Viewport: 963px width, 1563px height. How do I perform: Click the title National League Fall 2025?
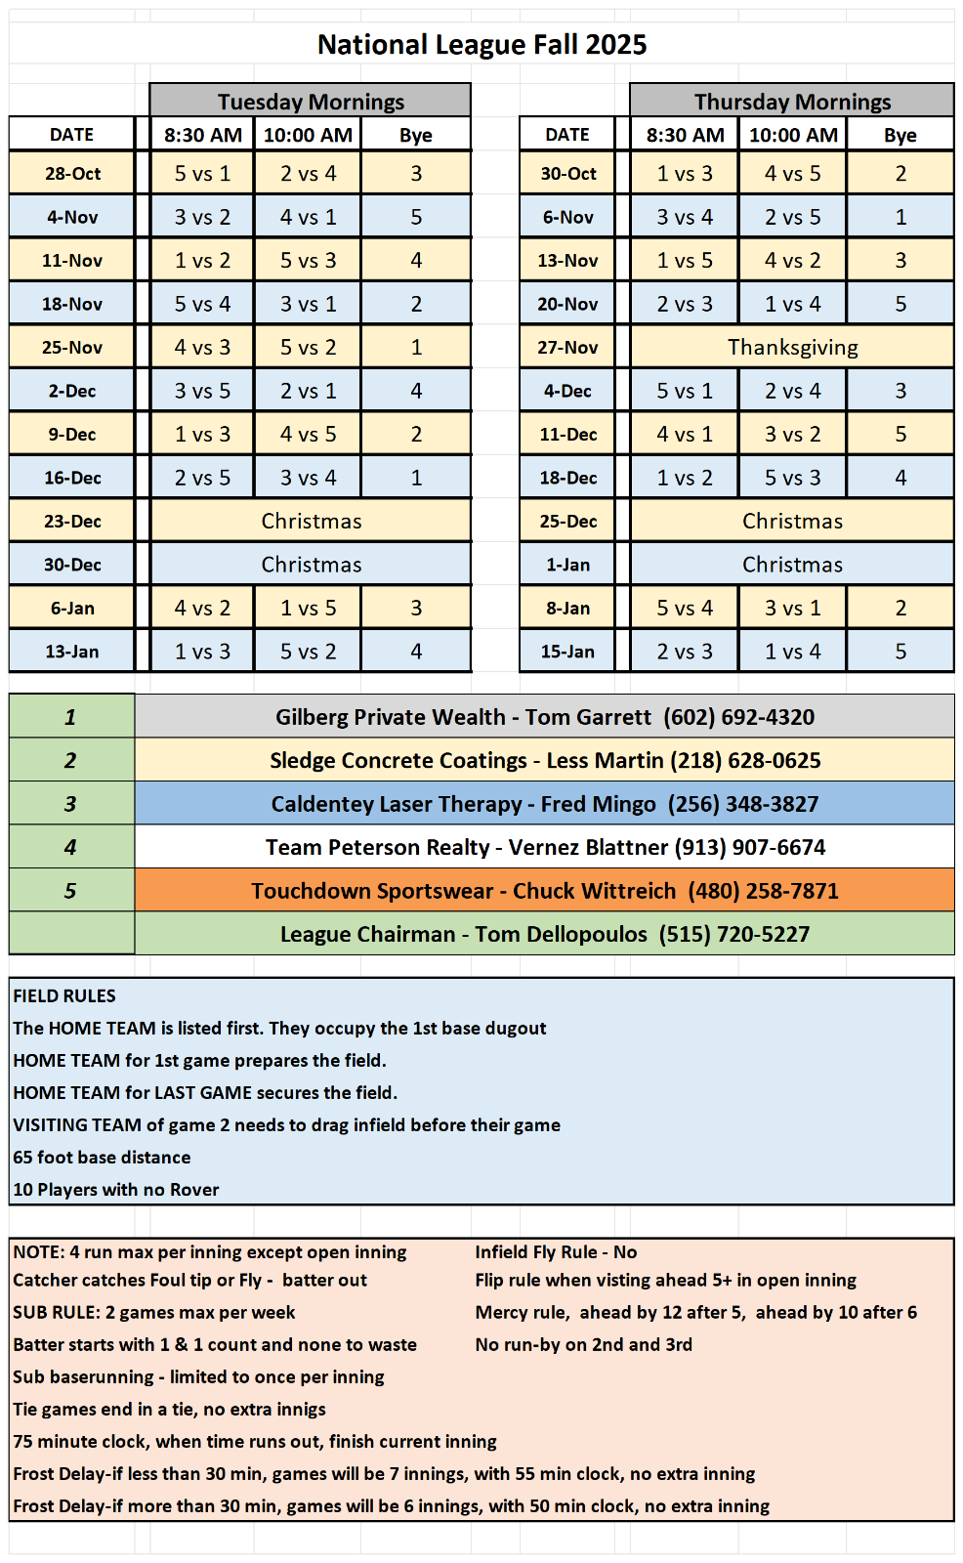click(481, 45)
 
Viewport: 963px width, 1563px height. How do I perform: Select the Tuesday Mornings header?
click(311, 102)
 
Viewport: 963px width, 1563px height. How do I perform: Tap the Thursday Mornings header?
click(792, 102)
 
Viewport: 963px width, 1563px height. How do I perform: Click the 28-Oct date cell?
click(72, 174)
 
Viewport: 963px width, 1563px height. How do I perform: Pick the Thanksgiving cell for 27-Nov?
click(792, 348)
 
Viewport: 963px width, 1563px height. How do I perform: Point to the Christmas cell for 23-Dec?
click(311, 522)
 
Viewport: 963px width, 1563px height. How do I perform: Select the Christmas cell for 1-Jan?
click(792, 565)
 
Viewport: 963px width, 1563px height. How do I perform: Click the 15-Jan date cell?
click(567, 652)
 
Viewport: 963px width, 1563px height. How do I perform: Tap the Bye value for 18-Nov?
click(416, 305)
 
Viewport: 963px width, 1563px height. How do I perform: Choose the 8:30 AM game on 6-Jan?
click(202, 609)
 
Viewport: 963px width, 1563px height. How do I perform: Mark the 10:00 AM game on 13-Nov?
click(792, 261)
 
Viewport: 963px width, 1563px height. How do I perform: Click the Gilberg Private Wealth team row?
click(544, 717)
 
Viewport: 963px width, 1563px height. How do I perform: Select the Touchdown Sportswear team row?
click(544, 891)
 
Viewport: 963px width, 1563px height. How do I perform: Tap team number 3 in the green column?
click(70, 804)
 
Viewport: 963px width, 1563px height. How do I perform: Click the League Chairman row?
click(544, 935)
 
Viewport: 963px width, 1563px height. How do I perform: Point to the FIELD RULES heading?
click(64, 996)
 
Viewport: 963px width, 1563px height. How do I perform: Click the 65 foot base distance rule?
click(102, 1158)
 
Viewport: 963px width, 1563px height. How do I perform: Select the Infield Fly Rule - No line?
click(556, 1252)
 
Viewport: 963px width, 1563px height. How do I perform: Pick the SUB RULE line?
click(153, 1313)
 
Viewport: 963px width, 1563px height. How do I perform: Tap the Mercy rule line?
click(695, 1313)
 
